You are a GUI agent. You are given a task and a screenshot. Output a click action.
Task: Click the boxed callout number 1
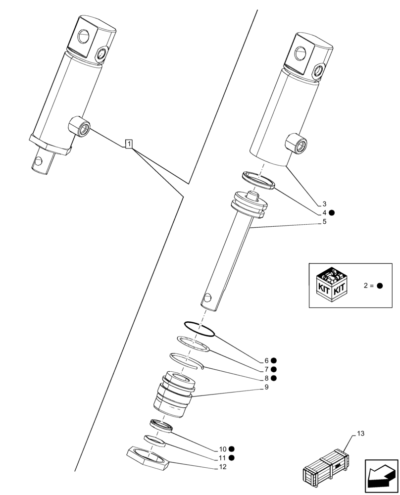pos(129,144)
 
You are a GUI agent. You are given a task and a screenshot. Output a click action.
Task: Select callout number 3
pos(324,204)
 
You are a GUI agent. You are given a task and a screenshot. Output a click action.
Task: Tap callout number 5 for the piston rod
pos(324,222)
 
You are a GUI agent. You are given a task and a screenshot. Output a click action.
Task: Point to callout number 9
pos(266,387)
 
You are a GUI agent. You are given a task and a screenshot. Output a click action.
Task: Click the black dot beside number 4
pos(332,213)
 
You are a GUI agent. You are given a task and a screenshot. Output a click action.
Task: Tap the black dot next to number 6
pos(274,361)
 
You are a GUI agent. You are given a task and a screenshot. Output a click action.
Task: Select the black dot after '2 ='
pos(380,286)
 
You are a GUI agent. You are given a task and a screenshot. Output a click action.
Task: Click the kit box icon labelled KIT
pos(331,285)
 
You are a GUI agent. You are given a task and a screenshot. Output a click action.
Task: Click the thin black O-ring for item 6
pos(200,329)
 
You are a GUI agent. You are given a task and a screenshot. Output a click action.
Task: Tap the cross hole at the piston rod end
pos(207,297)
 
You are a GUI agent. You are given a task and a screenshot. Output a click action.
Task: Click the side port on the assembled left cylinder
pos(81,127)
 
